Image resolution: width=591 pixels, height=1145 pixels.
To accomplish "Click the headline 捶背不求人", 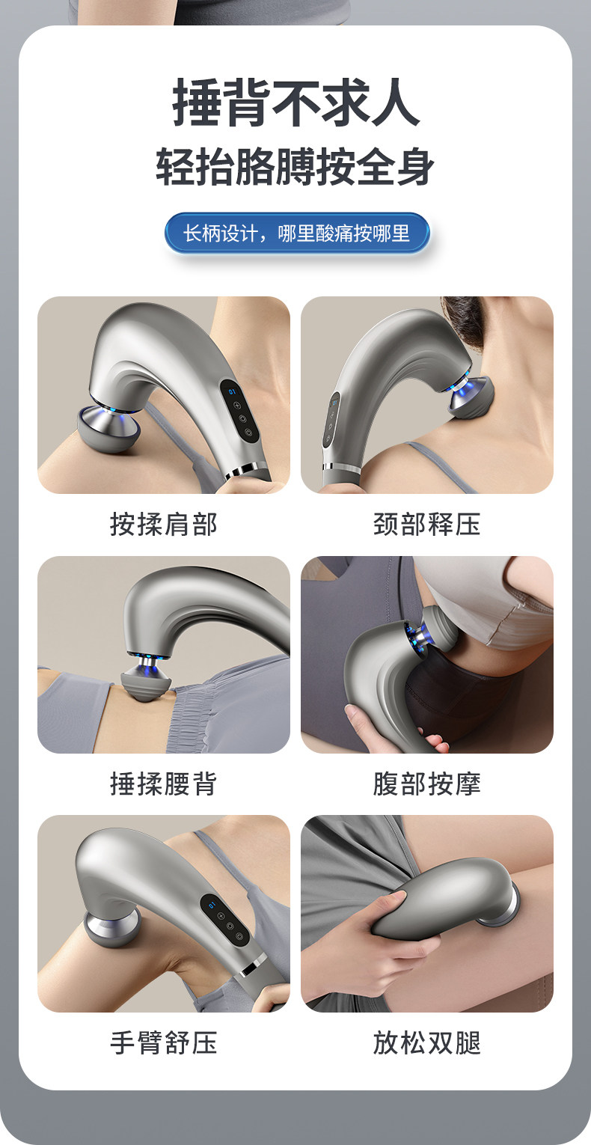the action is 295,103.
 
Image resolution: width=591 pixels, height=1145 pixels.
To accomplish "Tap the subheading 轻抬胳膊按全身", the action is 295,167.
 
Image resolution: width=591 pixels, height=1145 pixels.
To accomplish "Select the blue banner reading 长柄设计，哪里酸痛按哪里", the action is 297,233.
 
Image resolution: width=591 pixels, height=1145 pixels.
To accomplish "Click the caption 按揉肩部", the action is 163,525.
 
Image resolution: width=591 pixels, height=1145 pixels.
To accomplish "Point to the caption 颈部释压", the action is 427,525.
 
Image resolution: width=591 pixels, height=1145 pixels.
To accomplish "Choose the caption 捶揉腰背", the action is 163,784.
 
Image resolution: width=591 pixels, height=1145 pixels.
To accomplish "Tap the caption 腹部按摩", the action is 427,784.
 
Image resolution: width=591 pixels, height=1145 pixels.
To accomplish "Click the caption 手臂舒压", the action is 163,1042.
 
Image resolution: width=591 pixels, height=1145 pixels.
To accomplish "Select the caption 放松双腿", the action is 427,1042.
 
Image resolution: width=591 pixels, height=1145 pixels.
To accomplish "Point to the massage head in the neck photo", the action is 471,397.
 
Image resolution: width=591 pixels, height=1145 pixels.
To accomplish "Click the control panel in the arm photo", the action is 224,920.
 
